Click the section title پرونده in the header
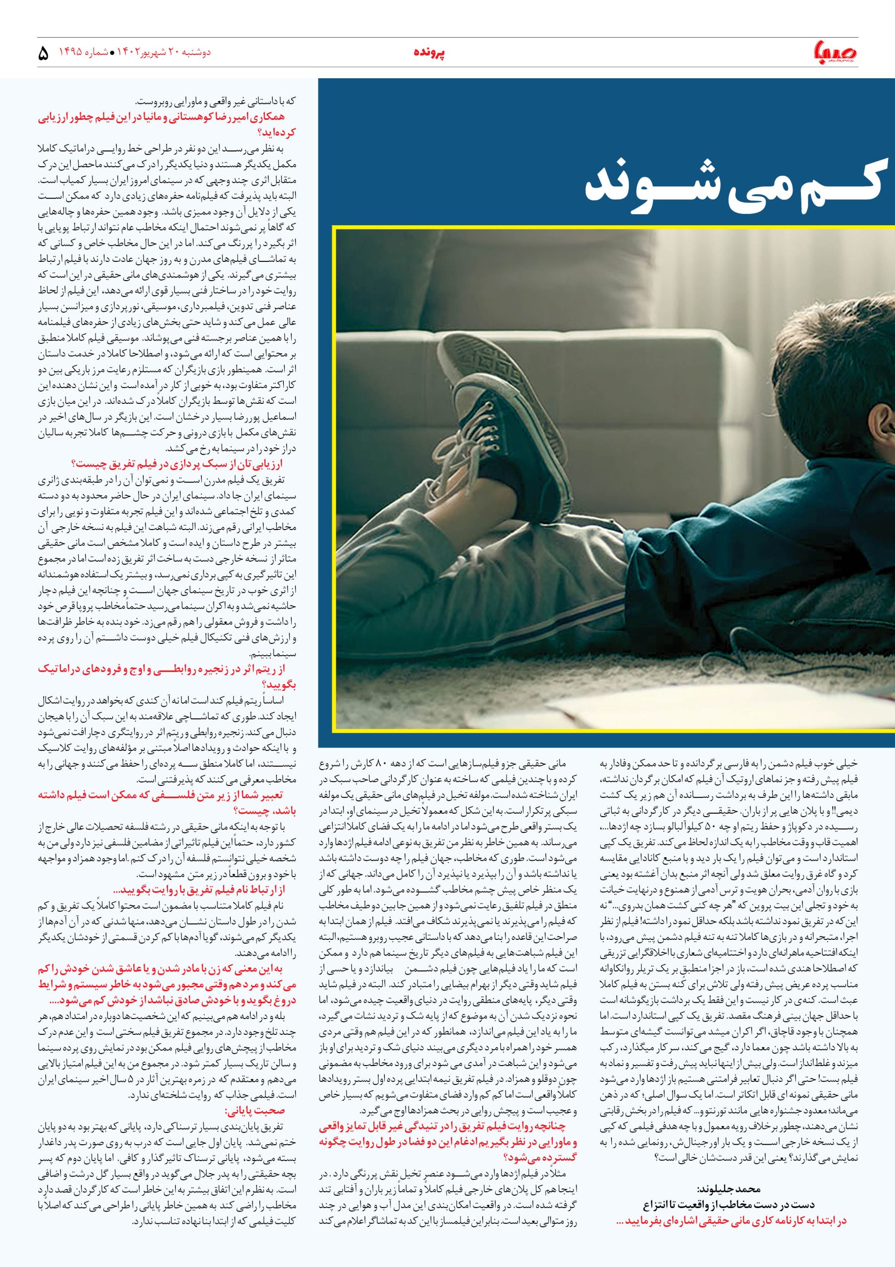coord(429,53)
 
